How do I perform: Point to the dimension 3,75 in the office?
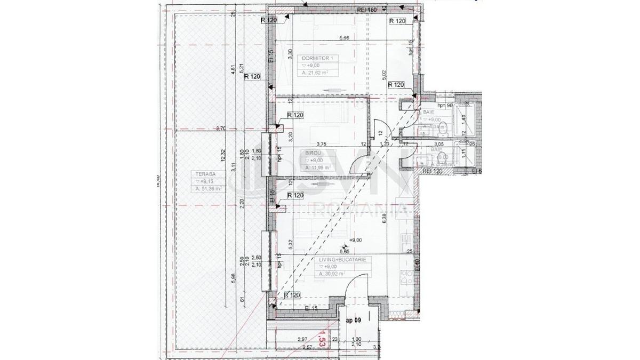[x=321, y=143]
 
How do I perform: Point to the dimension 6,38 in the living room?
[x=384, y=217]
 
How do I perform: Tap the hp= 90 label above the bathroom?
[x=444, y=106]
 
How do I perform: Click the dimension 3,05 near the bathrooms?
[x=439, y=144]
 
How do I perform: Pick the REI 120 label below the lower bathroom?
[x=433, y=172]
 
